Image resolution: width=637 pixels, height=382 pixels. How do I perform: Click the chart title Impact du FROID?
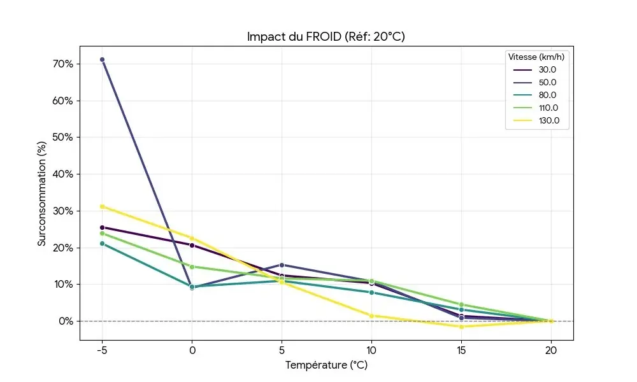326,37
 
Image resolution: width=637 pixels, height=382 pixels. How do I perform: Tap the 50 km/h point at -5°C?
102,60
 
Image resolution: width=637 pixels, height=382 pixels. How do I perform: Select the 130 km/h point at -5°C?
102,206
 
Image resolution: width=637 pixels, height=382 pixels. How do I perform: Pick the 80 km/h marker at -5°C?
102,243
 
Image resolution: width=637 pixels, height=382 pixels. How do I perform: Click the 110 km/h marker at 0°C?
192,267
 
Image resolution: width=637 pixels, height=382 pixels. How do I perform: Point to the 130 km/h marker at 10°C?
371,316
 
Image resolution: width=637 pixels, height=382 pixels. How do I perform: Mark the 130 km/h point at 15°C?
461,327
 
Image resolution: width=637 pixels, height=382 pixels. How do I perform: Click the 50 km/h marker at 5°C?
282,265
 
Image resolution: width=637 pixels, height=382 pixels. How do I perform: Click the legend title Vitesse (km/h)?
536,57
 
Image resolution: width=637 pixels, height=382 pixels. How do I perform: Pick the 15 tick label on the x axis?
461,350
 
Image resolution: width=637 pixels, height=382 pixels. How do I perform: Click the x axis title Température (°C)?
326,365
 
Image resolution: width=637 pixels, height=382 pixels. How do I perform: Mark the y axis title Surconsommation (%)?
42,192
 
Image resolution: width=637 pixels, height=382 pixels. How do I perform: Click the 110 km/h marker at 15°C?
461,305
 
